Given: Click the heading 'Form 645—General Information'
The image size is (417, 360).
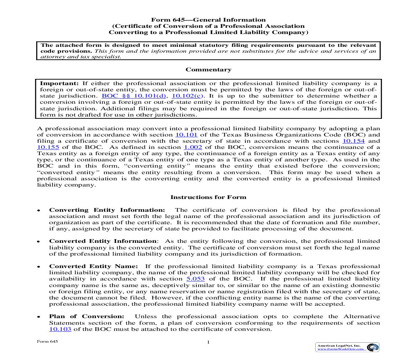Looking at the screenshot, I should [x=208, y=20].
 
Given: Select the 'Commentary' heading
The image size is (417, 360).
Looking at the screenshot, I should [x=208, y=70].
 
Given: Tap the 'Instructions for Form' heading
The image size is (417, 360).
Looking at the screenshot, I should [x=208, y=197].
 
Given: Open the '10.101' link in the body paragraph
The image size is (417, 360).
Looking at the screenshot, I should [x=186, y=135].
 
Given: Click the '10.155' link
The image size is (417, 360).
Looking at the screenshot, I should [x=48, y=147].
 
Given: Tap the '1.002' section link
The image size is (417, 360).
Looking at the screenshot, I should [x=193, y=147].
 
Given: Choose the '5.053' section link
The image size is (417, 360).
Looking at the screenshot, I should [x=196, y=279].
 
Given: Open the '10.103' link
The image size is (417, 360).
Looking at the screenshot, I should [x=60, y=329].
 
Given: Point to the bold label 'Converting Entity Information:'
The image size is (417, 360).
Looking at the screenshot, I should [x=107, y=210].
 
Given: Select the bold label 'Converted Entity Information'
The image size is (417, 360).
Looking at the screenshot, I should [x=103, y=241].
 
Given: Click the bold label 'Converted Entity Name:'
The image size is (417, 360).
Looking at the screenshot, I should [x=94, y=266].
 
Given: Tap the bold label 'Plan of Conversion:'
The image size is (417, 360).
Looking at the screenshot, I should [x=87, y=316].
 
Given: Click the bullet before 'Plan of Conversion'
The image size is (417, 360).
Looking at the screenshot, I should [x=39, y=317].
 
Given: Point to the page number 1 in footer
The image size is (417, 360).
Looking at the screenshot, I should [x=208, y=343].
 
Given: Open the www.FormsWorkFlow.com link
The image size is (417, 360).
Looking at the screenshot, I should [x=341, y=349].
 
